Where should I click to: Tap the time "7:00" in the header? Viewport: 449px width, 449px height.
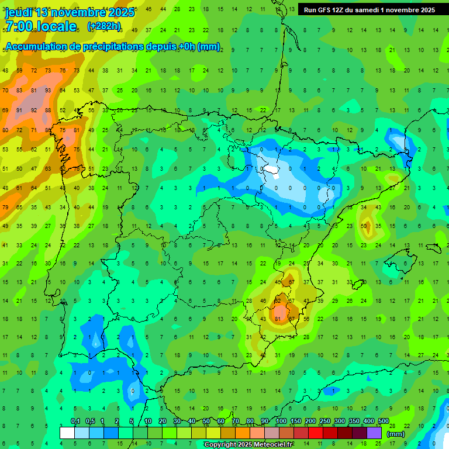[x=19, y=26]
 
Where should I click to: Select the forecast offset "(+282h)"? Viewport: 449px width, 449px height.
[x=104, y=26]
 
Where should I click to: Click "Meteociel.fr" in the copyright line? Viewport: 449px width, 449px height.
[x=270, y=445]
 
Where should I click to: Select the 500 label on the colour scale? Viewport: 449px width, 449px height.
[x=384, y=421]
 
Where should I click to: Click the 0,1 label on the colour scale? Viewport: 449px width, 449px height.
[x=75, y=421]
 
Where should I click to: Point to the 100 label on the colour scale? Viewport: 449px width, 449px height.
[x=281, y=421]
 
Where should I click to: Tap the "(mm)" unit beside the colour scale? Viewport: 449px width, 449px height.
[x=396, y=434]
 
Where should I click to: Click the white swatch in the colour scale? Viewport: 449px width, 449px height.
[x=67, y=433]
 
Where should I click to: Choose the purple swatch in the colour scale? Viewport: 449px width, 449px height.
[x=374, y=433]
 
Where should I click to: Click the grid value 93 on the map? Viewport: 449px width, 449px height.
[x=49, y=90]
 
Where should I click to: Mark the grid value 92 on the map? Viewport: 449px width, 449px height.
[x=34, y=110]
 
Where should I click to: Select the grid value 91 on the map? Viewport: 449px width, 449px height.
[x=19, y=110]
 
